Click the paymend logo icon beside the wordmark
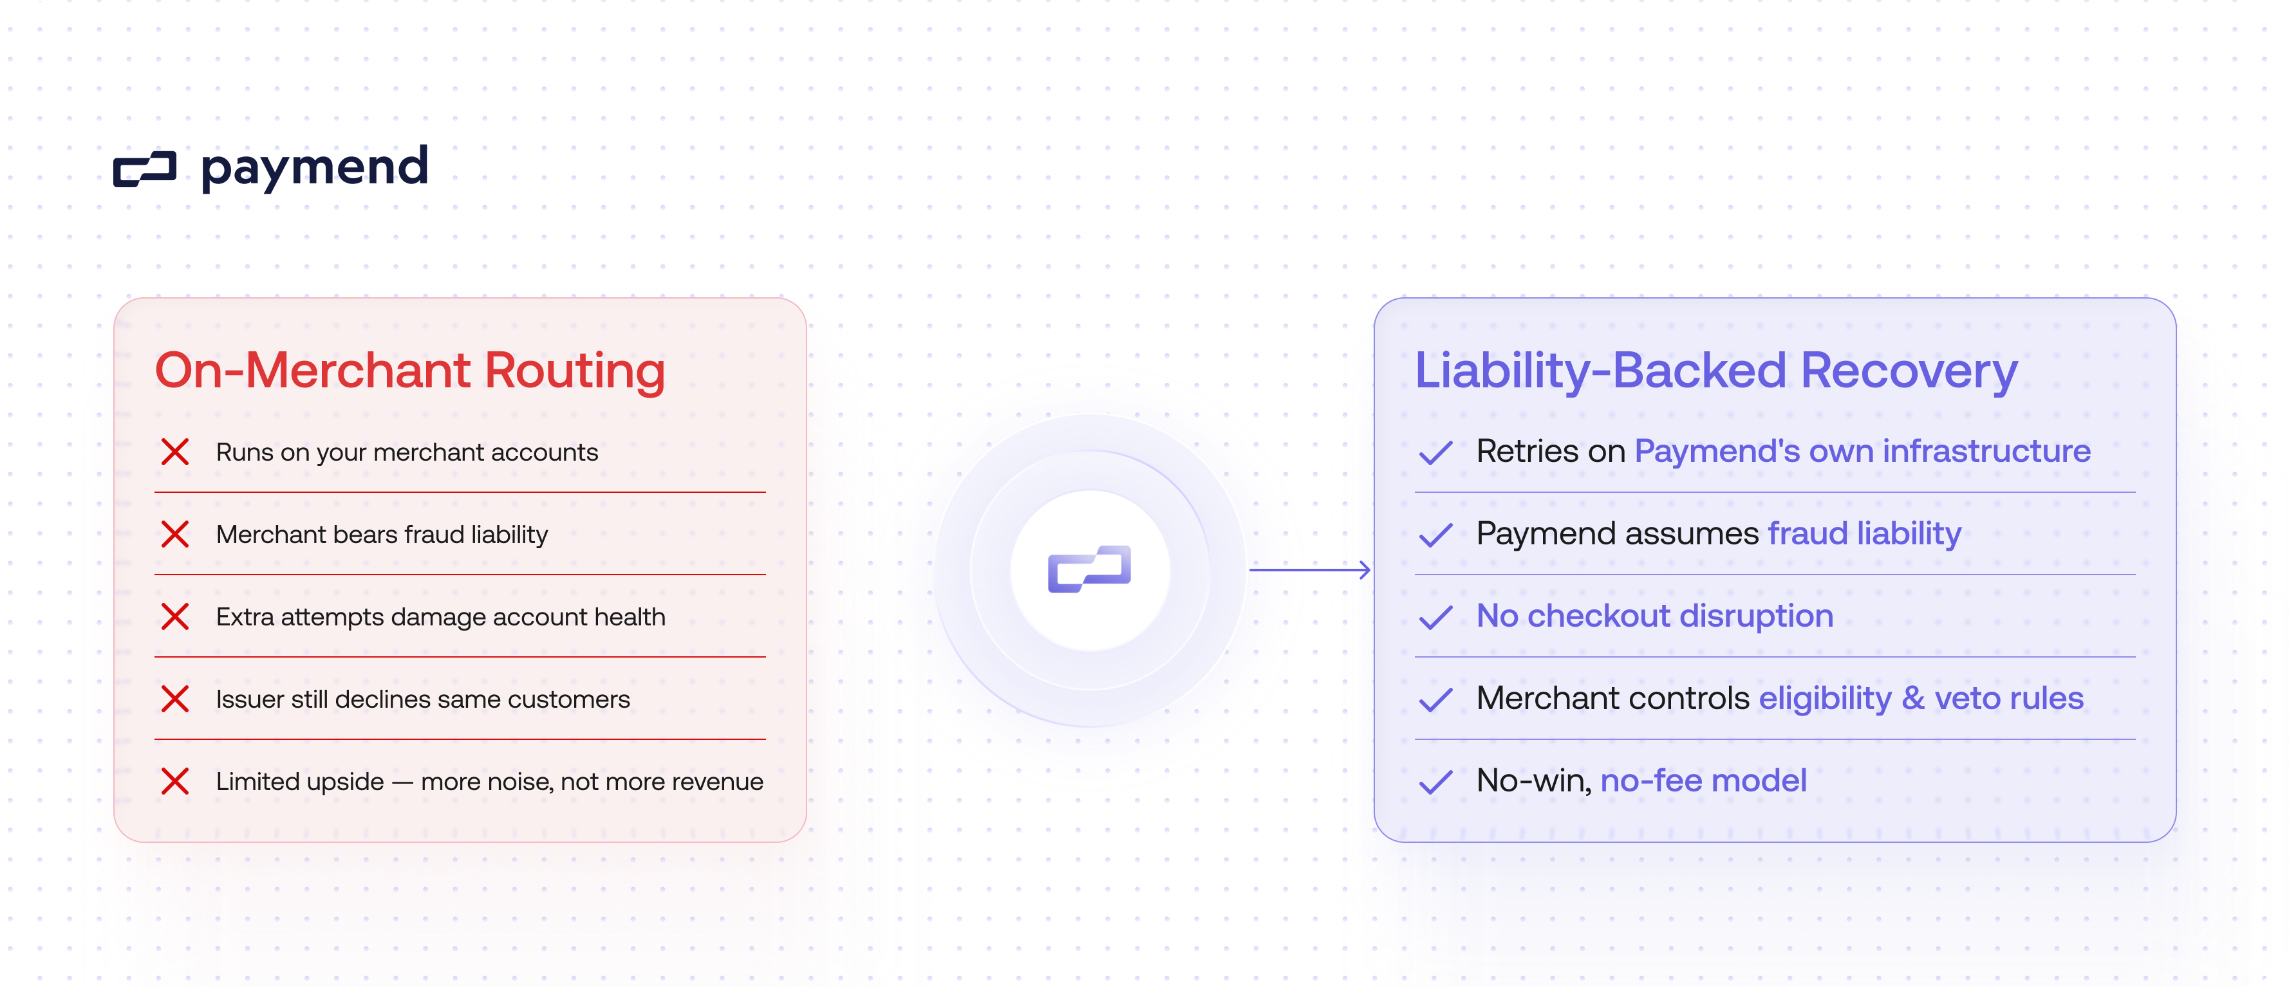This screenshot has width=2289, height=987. click(x=145, y=169)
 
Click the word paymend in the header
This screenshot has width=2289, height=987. click(x=315, y=167)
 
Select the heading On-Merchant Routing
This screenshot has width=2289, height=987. click(x=409, y=371)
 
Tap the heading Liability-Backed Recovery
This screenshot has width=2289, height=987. click(x=1716, y=371)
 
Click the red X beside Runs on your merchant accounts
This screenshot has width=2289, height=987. click(x=175, y=452)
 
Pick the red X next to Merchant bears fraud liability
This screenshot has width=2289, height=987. click(x=175, y=535)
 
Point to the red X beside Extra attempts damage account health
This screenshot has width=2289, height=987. click(x=175, y=616)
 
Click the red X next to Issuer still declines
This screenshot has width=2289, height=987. click(x=175, y=699)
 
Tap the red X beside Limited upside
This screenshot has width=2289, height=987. click(x=175, y=782)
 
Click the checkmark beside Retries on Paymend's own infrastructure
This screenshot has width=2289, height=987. click(x=1435, y=453)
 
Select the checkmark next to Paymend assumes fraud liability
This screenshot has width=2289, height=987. click(x=1435, y=535)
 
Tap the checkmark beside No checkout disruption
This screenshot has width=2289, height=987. click(x=1435, y=618)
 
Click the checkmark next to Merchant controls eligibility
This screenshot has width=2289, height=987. click(x=1435, y=700)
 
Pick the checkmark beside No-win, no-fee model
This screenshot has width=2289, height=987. click(x=1435, y=782)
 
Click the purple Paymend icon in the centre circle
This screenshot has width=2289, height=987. click(x=1089, y=569)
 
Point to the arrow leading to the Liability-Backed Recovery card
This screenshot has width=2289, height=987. click(x=1310, y=570)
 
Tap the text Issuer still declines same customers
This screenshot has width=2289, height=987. click(x=423, y=699)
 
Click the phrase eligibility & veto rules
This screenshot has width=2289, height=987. click(x=1921, y=698)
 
